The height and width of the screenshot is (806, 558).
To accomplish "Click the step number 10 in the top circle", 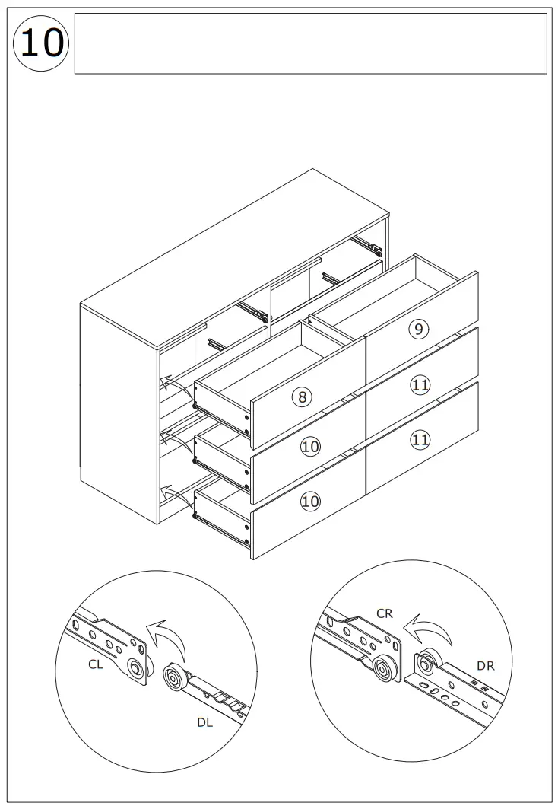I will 41,43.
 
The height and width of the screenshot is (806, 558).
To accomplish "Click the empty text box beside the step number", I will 310,43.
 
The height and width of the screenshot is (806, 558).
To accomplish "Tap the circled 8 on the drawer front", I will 302,397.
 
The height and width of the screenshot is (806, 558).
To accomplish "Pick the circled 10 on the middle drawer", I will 309,446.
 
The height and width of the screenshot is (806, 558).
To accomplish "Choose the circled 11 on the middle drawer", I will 420,385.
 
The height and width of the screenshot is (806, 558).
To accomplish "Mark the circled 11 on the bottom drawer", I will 420,438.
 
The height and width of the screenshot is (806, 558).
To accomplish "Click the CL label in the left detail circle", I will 96,664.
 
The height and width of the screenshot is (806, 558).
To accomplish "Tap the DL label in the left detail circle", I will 204,723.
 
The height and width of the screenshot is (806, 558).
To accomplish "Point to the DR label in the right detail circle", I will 486,665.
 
